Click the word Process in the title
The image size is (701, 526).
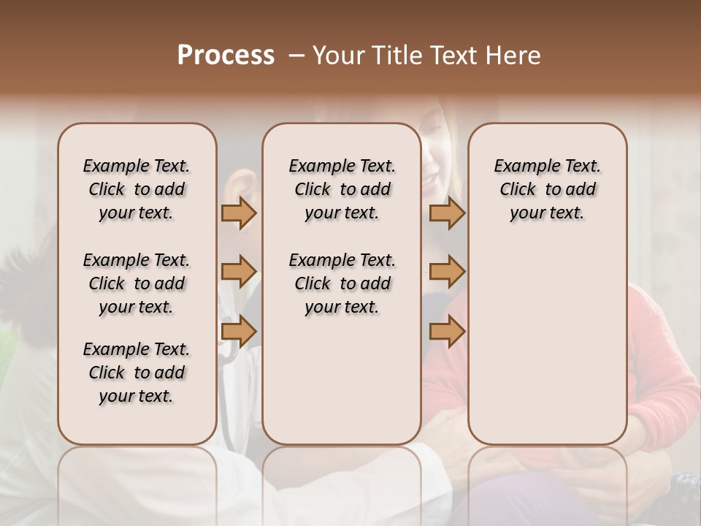click(x=226, y=55)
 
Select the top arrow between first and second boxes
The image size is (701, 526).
click(x=239, y=213)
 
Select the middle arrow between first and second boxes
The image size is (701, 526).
click(x=239, y=272)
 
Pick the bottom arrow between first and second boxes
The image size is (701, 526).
click(x=239, y=331)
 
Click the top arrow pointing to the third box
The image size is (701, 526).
click(x=447, y=213)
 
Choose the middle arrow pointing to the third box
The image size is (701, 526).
click(x=447, y=272)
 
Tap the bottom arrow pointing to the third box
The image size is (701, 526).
click(x=447, y=331)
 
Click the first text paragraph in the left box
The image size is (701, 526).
click(x=137, y=189)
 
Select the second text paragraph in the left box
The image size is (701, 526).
click(x=137, y=283)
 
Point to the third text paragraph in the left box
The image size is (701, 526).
click(x=137, y=373)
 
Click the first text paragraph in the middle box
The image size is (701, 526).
click(x=342, y=189)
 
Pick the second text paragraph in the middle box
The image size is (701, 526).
click(x=342, y=283)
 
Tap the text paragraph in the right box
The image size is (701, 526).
click(x=548, y=189)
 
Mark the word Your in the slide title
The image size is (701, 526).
click(x=340, y=56)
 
